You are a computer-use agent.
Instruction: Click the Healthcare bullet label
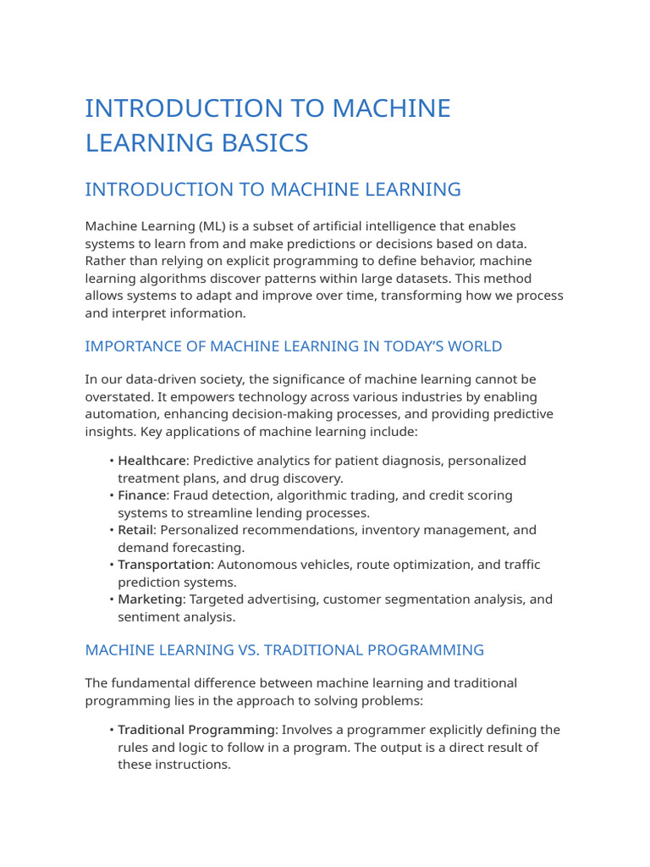click(x=151, y=461)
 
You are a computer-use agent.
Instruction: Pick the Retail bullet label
click(x=135, y=530)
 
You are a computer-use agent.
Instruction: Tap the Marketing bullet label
click(x=151, y=599)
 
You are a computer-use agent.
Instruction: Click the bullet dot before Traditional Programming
click(x=112, y=730)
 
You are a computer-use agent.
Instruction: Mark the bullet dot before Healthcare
click(x=112, y=461)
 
